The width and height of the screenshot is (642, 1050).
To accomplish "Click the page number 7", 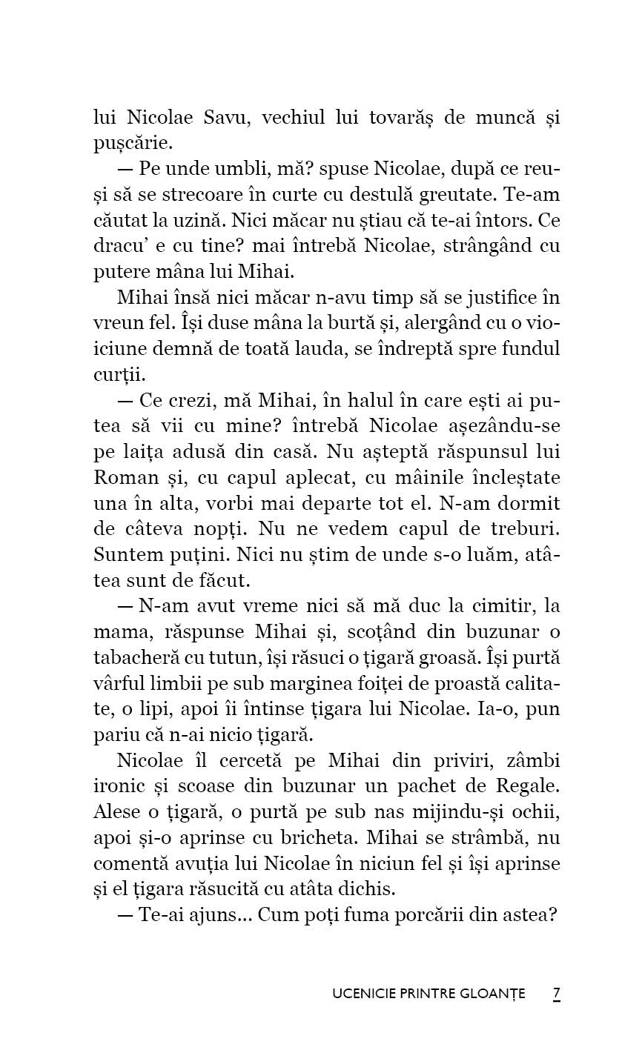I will [556, 994].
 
